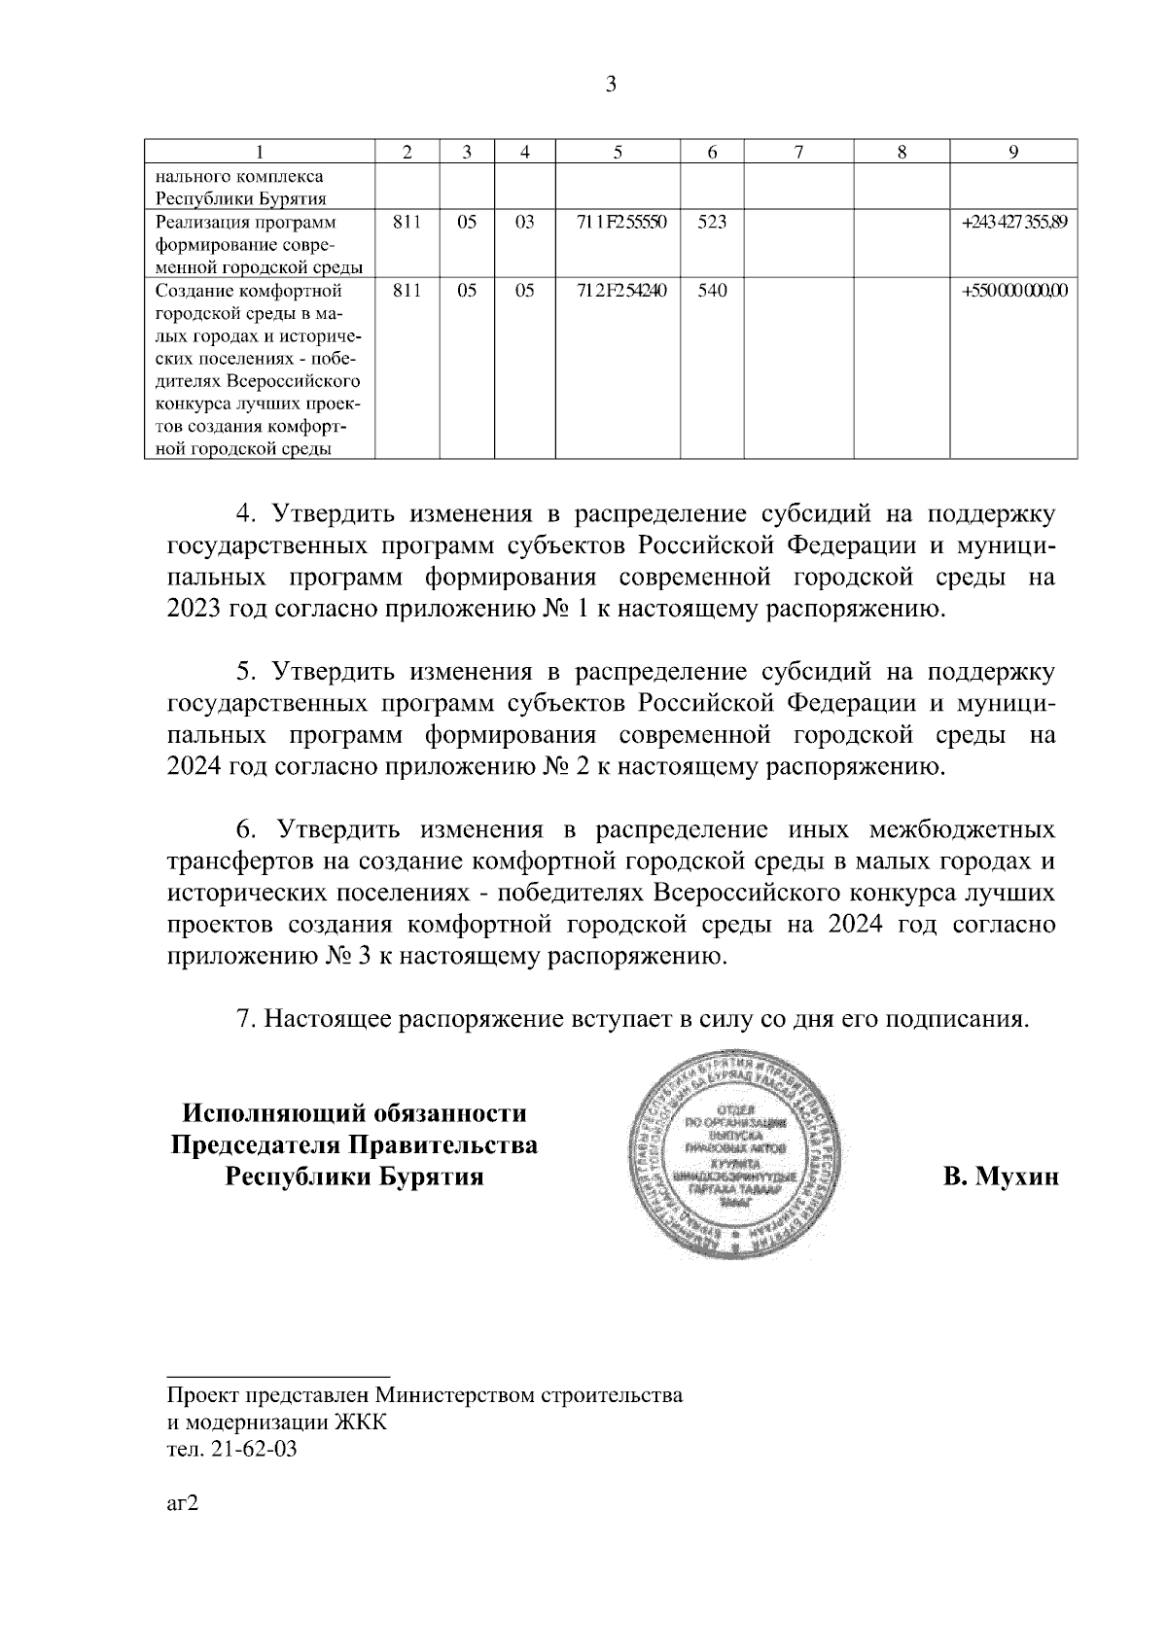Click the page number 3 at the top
(611, 85)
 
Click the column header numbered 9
(1013, 152)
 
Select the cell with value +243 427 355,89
(1014, 223)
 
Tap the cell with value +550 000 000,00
(1014, 291)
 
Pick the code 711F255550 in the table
(617, 223)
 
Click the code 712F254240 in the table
(617, 291)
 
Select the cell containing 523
(712, 223)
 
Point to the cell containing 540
(712, 291)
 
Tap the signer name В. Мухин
(999, 1177)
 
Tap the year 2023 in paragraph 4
(194, 611)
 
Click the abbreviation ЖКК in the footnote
(360, 1423)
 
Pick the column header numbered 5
(617, 152)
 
